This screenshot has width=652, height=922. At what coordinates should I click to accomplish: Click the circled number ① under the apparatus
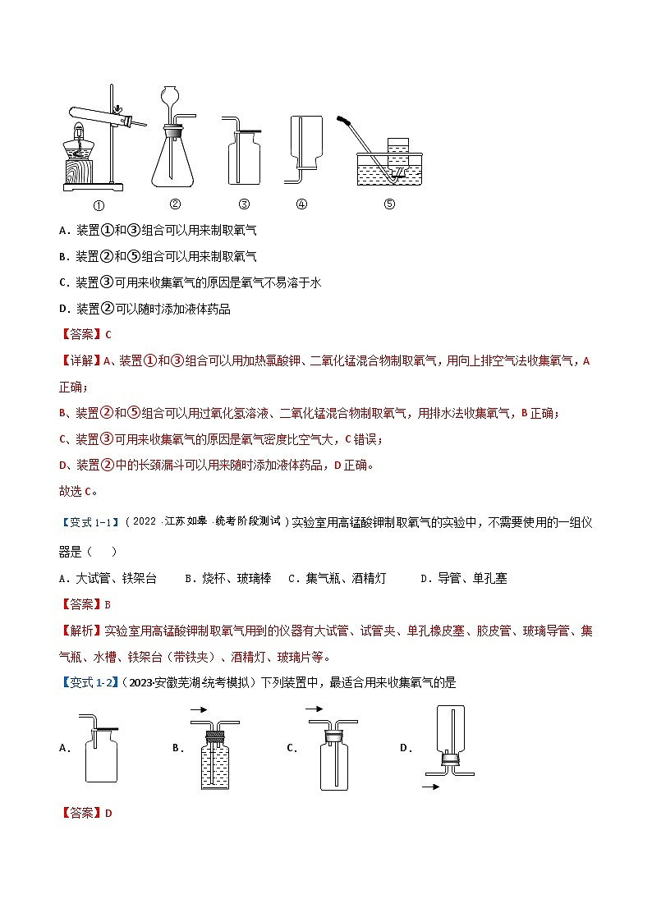[x=98, y=205]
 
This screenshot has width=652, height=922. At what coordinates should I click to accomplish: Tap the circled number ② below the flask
[x=175, y=204]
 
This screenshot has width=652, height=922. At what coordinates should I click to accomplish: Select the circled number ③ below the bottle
[x=244, y=204]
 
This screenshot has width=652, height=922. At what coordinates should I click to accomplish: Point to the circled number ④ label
[x=301, y=204]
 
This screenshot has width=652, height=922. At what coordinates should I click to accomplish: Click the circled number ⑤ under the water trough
[x=389, y=204]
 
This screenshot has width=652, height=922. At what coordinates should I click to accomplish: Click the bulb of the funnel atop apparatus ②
[x=173, y=95]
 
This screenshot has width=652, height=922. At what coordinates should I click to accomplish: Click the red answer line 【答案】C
[x=85, y=334]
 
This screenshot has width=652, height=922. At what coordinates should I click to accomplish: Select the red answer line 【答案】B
[x=85, y=604]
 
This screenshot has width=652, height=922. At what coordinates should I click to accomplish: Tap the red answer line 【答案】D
[x=85, y=813]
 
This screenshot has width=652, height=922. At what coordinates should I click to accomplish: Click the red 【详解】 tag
[x=81, y=360]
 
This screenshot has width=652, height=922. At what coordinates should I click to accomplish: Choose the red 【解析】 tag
[x=81, y=631]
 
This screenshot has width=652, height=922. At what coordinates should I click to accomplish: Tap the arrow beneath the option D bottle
[x=429, y=787]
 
